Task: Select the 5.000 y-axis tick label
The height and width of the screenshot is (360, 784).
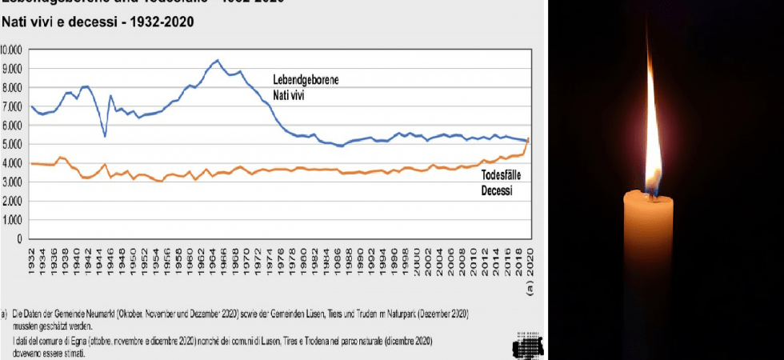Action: click(13, 143)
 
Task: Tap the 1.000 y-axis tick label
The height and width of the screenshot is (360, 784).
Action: click(13, 219)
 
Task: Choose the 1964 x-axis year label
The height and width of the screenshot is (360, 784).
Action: click(214, 260)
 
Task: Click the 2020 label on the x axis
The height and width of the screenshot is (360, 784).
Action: click(529, 260)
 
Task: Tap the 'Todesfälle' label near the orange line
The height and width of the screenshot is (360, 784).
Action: click(504, 175)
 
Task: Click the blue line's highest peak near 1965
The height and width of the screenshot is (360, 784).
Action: click(217, 60)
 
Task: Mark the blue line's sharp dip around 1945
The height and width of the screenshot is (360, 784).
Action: click(105, 135)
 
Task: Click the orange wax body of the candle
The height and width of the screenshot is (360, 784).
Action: click(653, 272)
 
